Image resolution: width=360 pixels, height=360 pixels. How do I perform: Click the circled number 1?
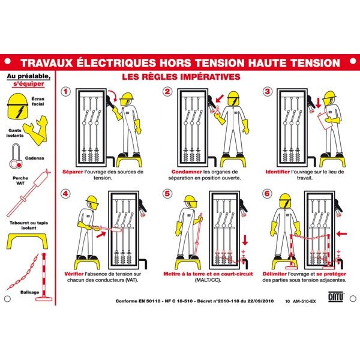[x=65, y=92]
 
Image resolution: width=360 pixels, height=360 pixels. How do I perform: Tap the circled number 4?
[x=65, y=194]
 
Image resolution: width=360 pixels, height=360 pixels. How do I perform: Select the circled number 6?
[x=267, y=194]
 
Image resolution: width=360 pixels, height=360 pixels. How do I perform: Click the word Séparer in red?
[x=73, y=172]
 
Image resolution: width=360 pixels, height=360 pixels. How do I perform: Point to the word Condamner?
[x=187, y=172]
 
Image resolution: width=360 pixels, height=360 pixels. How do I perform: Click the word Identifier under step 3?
[x=278, y=172]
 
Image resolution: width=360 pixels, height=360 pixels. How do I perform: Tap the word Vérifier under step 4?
[x=74, y=274]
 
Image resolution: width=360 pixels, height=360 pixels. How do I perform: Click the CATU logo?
[x=336, y=296]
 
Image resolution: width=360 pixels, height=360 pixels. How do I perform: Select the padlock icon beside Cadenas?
[x=16, y=156]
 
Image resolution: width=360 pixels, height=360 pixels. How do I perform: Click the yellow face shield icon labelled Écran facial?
[x=17, y=106]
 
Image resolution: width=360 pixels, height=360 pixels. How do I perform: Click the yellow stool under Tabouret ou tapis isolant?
[x=28, y=241]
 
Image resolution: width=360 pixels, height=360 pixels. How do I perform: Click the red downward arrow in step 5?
[x=245, y=240]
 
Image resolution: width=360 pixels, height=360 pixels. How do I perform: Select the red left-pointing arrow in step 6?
[x=341, y=234]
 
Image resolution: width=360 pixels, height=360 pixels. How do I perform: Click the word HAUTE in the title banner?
[x=268, y=63]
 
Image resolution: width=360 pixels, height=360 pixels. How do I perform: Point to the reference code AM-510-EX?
[x=304, y=301]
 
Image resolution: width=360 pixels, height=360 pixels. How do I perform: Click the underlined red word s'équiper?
[x=28, y=84]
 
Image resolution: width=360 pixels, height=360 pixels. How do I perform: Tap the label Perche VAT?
[x=20, y=181]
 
